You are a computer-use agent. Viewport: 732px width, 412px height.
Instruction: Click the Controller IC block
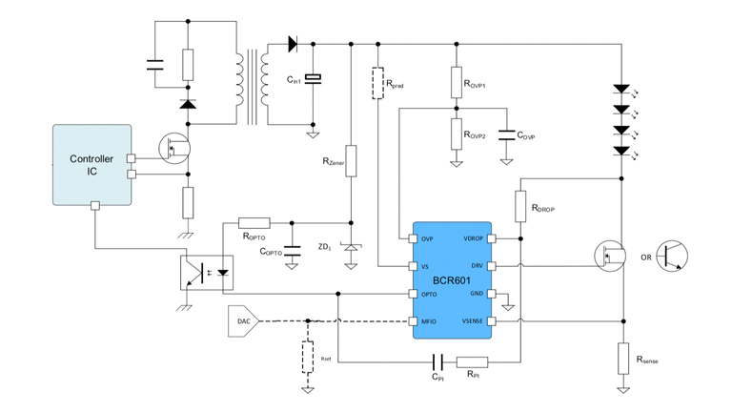point(92,164)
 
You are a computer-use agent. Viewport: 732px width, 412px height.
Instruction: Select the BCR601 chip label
point(452,281)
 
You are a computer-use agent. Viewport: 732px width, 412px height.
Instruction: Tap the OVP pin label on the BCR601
point(427,238)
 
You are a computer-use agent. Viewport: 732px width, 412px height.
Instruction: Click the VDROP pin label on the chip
point(475,238)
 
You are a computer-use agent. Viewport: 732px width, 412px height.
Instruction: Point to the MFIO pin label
point(429,321)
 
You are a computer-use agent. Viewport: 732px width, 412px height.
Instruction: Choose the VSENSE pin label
point(473,321)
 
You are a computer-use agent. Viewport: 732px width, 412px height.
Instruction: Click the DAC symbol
point(244,321)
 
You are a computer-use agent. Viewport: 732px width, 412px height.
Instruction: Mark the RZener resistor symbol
point(352,160)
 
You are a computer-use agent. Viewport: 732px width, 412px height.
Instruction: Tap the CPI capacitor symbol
point(437,361)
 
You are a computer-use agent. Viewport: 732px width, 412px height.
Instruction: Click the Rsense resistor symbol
point(620,355)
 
